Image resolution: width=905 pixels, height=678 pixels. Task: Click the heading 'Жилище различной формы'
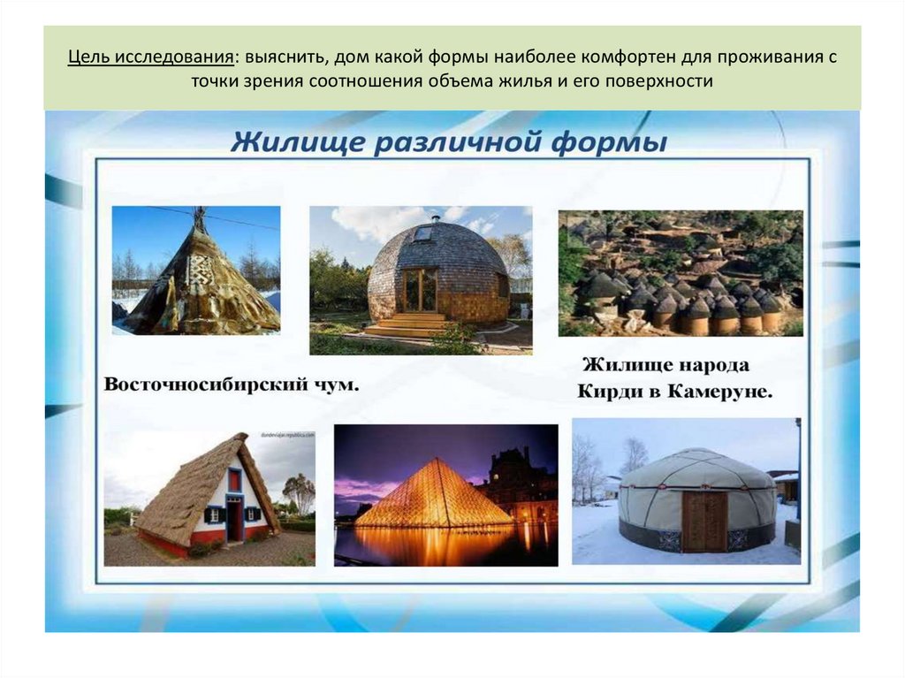[448, 141]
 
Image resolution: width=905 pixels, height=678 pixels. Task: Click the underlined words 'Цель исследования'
[150, 57]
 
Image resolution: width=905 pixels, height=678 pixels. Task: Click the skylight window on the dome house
[424, 233]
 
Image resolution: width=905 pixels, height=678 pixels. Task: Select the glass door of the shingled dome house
[420, 289]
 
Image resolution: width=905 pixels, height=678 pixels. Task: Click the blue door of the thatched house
[234, 519]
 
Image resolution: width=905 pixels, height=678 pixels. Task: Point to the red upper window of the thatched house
[234, 480]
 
